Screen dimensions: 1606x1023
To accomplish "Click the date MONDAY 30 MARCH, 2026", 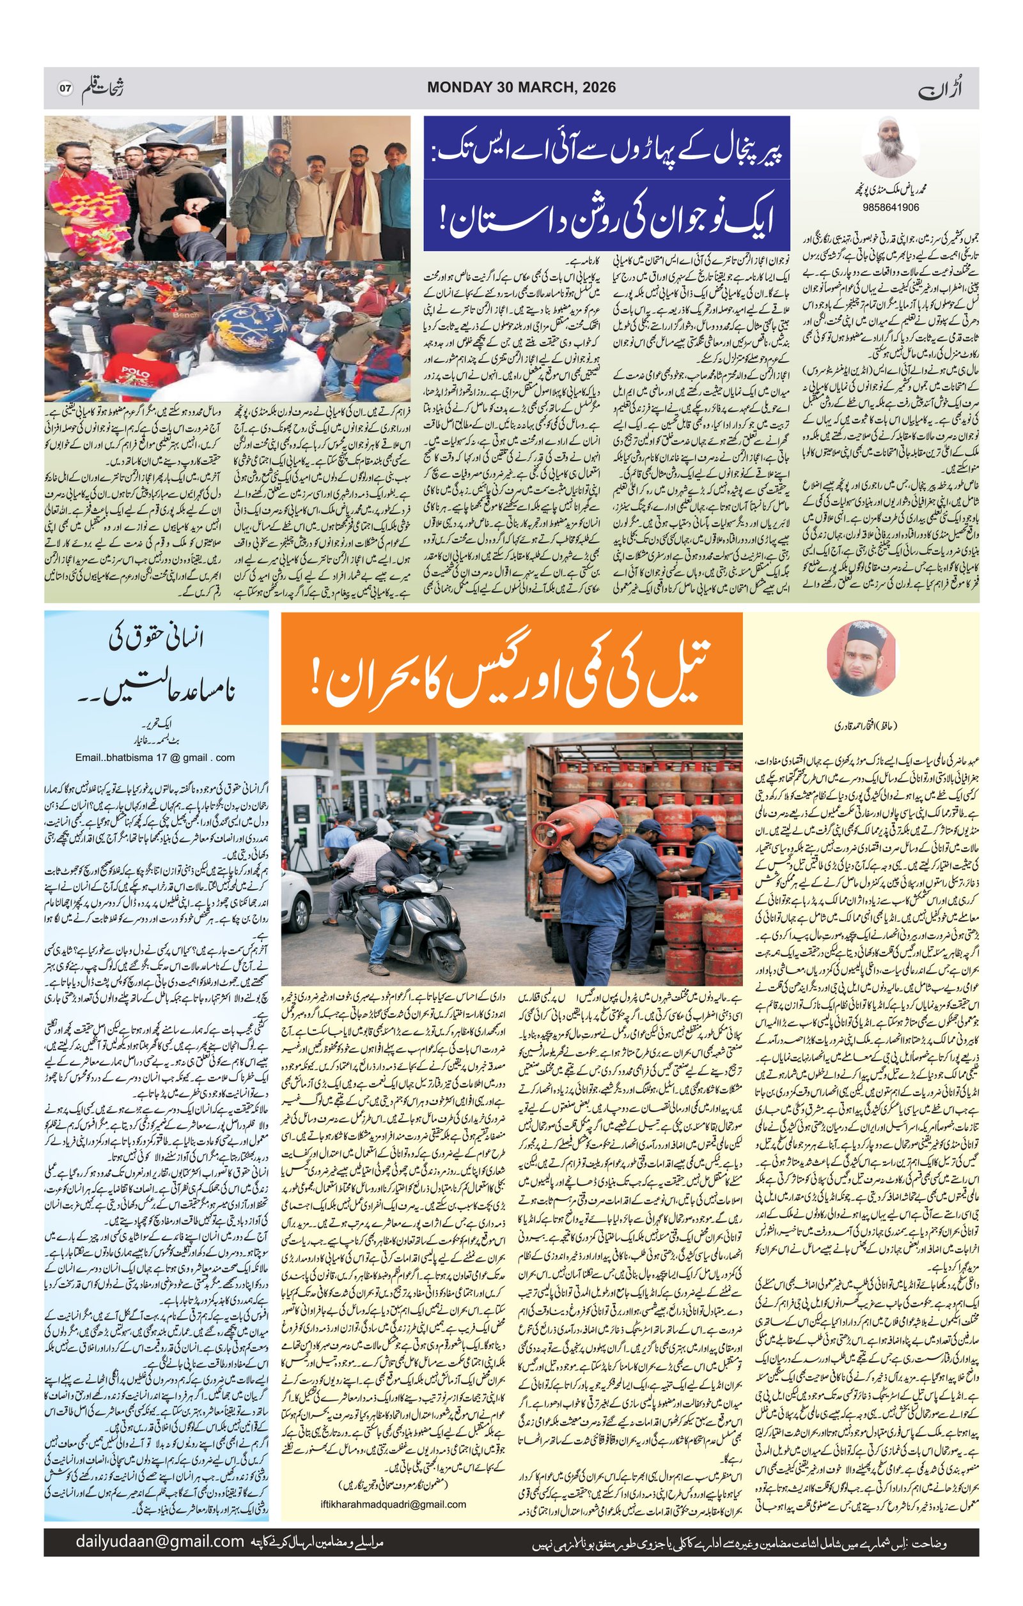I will pyautogui.click(x=521, y=88).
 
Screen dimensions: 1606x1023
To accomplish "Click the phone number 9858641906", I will pyautogui.click(x=891, y=207).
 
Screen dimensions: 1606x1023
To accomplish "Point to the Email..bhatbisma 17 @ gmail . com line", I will pyautogui.click(x=155, y=757).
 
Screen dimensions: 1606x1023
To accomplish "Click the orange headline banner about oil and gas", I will pyautogui.click(x=511, y=669).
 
